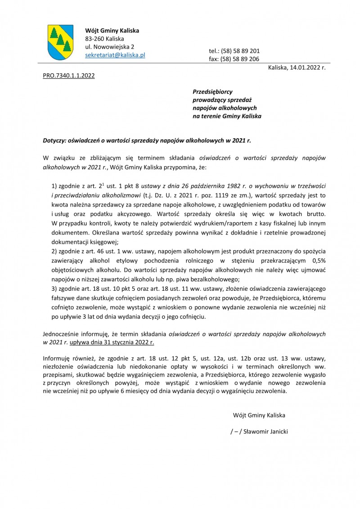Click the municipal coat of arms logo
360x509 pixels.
[60, 43]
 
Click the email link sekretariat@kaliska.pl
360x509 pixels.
[115, 55]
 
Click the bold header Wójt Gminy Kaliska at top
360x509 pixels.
[112, 31]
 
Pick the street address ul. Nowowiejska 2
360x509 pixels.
[109, 47]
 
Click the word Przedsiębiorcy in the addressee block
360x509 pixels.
[212, 91]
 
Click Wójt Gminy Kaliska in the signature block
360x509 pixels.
[259, 414]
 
